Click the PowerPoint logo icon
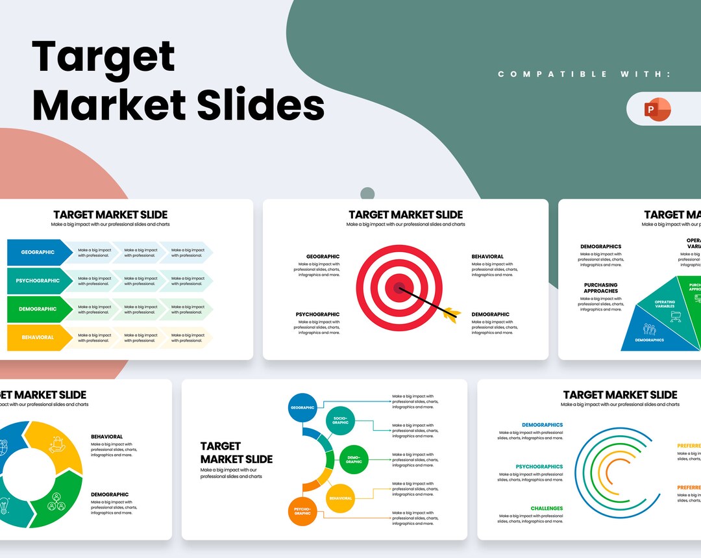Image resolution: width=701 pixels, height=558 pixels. pyautogui.click(x=658, y=109)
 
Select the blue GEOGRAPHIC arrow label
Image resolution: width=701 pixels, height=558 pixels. pyautogui.click(x=38, y=252)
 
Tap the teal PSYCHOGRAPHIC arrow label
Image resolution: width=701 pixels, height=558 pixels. pyautogui.click(x=38, y=281)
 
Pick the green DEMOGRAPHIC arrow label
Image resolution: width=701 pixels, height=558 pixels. pyautogui.click(x=38, y=309)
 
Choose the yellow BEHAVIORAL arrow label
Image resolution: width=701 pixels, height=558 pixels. pyautogui.click(x=38, y=338)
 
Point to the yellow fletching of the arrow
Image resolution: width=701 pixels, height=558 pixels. pyautogui.click(x=452, y=314)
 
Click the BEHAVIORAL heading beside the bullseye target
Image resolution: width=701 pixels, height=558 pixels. pyautogui.click(x=487, y=257)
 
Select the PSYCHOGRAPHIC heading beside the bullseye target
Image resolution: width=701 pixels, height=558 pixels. pyautogui.click(x=317, y=314)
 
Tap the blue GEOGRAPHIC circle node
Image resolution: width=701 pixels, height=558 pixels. pyautogui.click(x=302, y=407)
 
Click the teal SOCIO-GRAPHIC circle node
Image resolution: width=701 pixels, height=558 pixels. pyautogui.click(x=340, y=420)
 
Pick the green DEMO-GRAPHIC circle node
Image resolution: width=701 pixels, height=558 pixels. pyautogui.click(x=354, y=460)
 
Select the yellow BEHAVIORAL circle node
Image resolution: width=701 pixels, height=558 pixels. pyautogui.click(x=340, y=498)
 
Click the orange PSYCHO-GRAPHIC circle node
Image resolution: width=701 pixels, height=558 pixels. pyautogui.click(x=302, y=511)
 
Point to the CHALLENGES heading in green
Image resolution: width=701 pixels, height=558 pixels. pyautogui.click(x=547, y=509)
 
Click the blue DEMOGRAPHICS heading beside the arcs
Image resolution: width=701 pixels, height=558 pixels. pyautogui.click(x=542, y=425)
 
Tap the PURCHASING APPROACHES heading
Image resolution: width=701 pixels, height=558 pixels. pyautogui.click(x=600, y=288)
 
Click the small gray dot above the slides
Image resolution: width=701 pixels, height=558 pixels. pyautogui.click(x=367, y=194)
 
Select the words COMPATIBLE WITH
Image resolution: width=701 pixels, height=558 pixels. pyautogui.click(x=584, y=75)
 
